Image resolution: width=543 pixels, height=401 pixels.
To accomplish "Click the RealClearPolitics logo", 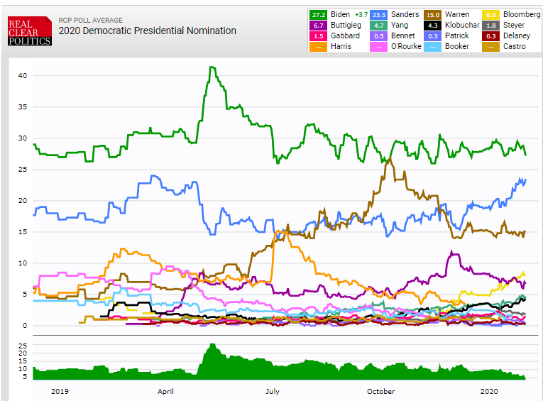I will point(30,31).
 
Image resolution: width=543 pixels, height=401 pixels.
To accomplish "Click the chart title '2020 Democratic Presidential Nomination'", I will point(147,31).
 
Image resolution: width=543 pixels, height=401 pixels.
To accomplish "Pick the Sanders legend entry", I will point(404,14).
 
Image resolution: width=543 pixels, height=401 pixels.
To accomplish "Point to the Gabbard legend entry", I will point(345,35).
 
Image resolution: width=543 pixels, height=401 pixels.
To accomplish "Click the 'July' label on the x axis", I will point(273,391).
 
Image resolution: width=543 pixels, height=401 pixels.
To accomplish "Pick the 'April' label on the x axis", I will point(165,391).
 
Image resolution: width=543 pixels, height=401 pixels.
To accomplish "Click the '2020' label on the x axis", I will point(489,391).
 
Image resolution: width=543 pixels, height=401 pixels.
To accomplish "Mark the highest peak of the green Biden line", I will point(211,67).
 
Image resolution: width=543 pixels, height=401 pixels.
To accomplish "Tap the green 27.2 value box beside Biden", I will point(317,14).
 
